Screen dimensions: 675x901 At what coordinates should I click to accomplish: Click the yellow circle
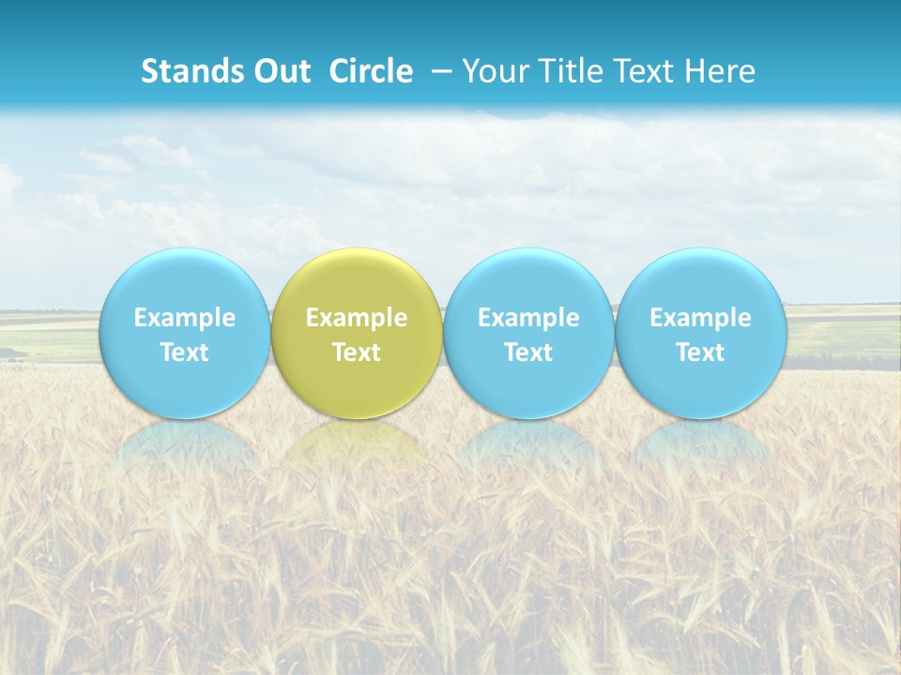click(x=357, y=333)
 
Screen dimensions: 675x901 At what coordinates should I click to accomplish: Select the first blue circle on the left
click(x=184, y=333)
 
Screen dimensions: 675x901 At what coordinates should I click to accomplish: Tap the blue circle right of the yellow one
click(x=528, y=333)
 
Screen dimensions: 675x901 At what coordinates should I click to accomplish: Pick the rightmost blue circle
click(x=700, y=333)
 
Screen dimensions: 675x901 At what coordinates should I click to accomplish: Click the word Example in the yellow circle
click(x=357, y=318)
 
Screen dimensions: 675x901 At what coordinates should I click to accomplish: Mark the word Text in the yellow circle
click(x=357, y=352)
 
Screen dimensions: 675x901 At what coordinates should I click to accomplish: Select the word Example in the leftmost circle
click(x=184, y=318)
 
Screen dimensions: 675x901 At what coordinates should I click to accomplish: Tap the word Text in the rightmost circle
click(x=700, y=352)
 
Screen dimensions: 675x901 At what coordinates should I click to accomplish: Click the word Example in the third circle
click(x=528, y=318)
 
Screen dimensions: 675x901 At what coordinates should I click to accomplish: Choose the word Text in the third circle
click(x=528, y=352)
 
